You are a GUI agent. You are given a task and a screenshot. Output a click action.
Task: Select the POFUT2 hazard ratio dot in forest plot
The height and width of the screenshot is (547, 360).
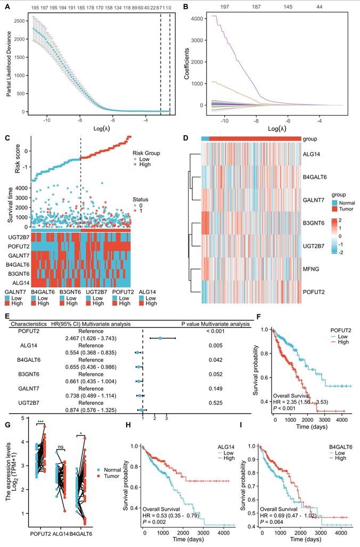(x=161, y=338)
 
